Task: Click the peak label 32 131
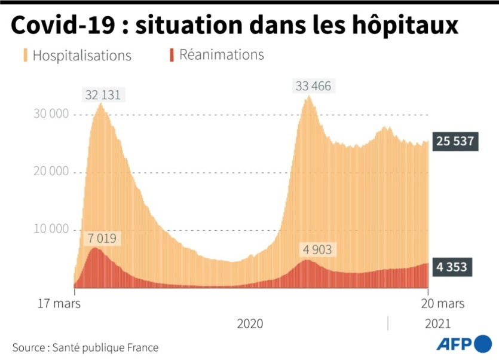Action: (106, 95)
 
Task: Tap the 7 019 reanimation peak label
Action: (103, 239)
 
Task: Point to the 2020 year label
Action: (250, 324)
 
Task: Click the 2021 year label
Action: (438, 324)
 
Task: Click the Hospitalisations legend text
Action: (82, 56)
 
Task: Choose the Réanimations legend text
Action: (222, 55)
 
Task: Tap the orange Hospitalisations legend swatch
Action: (26, 56)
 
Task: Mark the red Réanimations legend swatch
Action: (172, 55)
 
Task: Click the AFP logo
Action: (463, 344)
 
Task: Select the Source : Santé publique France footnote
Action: (85, 347)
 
